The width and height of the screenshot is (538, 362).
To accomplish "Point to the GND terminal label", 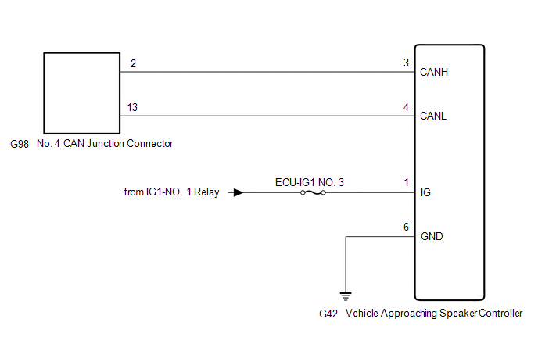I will pos(432,236).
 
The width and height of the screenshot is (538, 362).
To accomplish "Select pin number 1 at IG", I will pos(406,183).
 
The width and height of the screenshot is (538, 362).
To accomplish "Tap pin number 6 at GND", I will pos(406,227).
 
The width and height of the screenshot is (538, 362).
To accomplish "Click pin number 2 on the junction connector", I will pos(133,63).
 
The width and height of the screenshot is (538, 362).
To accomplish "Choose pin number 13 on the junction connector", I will pos(134,107).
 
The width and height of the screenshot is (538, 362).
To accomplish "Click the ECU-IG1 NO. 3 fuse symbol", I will pos(313,192).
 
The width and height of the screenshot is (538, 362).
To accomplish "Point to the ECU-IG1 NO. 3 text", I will pos(310,181).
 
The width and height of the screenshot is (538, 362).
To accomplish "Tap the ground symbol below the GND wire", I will pos(345,296).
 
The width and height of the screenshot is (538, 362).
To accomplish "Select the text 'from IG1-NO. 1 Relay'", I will pos(172,192).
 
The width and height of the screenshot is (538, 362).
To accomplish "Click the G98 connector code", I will pos(20,144).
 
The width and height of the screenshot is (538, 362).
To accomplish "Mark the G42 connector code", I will pos(328,314).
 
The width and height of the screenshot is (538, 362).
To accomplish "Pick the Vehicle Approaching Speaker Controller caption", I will pos(434,314).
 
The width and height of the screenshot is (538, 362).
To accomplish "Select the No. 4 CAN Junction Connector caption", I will pos(104,144).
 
